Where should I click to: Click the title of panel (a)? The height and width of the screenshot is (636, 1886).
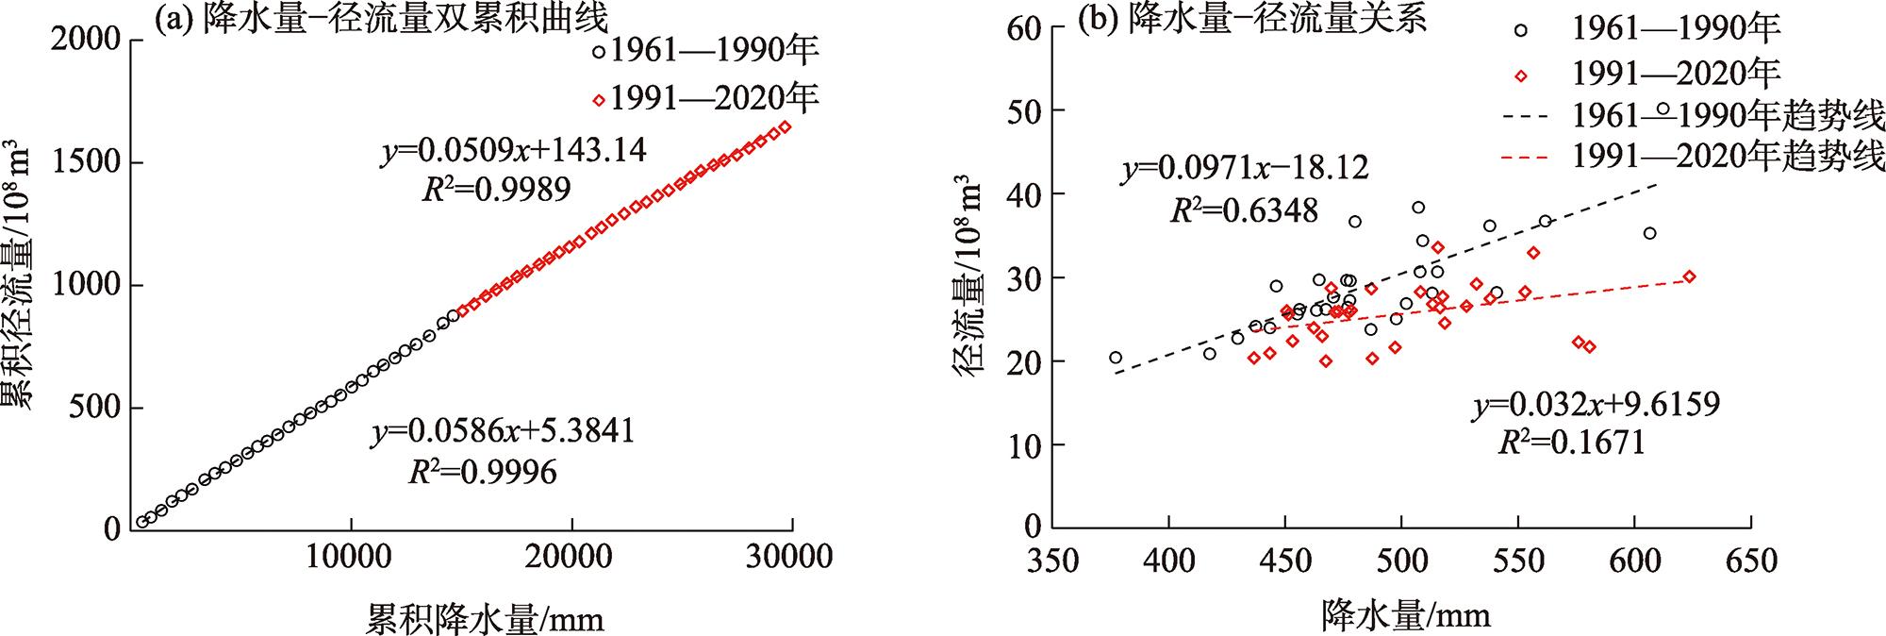(x=381, y=18)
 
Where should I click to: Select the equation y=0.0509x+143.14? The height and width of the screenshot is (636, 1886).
(x=514, y=151)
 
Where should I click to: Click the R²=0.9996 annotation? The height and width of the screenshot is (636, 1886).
(x=482, y=471)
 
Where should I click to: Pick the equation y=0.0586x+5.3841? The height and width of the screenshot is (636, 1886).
(x=502, y=431)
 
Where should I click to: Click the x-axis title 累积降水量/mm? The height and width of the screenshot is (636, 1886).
(x=485, y=618)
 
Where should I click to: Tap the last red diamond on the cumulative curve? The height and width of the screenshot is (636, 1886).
(x=786, y=126)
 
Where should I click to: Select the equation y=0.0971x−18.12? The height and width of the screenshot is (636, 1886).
(x=1245, y=170)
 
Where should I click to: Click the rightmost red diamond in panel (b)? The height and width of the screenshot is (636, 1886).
(x=1689, y=276)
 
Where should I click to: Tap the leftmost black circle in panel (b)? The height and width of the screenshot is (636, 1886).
(x=1116, y=358)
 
